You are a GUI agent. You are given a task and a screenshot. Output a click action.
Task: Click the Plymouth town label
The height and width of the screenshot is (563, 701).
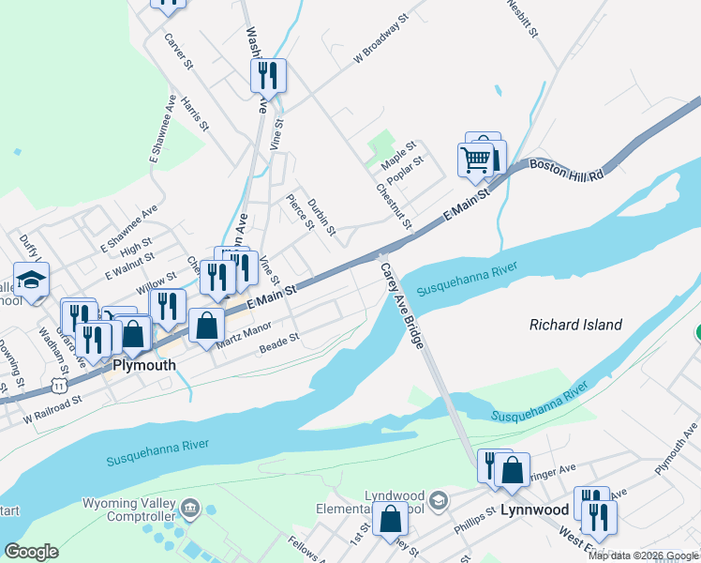tap(143, 365)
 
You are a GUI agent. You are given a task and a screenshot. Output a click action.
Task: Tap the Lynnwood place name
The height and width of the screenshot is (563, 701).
tap(535, 510)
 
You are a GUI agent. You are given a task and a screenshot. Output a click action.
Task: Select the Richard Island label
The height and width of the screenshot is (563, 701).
tap(575, 325)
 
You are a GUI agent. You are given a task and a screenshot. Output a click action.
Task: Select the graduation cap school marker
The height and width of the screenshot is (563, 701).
tap(32, 281)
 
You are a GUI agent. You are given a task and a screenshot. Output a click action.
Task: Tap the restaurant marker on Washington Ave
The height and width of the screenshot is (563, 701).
tap(268, 75)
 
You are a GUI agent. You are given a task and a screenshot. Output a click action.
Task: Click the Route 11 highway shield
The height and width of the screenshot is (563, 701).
tap(60, 385)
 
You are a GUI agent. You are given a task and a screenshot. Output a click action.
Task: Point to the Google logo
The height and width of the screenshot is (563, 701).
tap(31, 552)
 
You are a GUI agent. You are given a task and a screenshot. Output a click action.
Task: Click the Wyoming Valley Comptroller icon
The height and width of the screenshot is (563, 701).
tap(190, 509)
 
